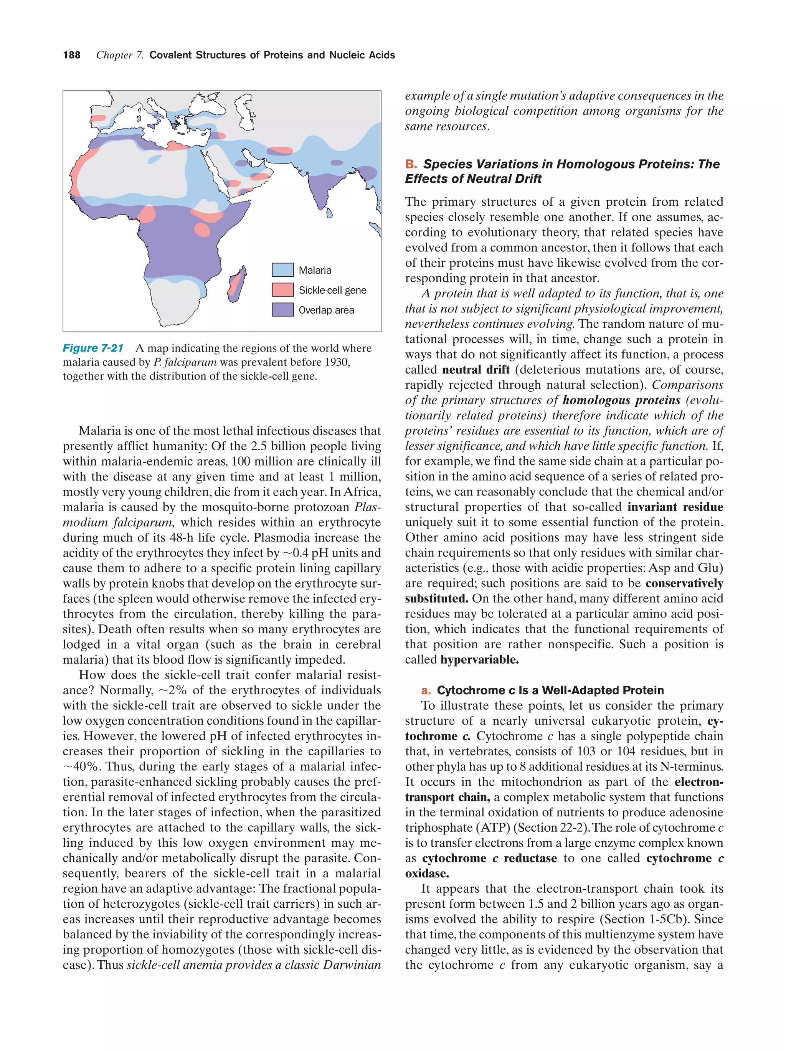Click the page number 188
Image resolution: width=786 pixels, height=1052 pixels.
pyautogui.click(x=71, y=55)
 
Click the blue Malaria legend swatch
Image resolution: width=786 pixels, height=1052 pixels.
pyautogui.click(x=282, y=270)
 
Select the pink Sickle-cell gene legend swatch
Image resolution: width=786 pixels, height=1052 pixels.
pyautogui.click(x=282, y=290)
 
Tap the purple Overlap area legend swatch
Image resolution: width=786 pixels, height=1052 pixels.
pyautogui.click(x=282, y=310)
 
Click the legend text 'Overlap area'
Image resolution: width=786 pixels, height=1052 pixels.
pyautogui.click(x=326, y=310)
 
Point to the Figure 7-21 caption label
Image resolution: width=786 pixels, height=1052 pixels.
pyautogui.click(x=93, y=348)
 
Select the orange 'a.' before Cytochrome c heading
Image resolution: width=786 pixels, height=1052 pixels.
pyautogui.click(x=426, y=690)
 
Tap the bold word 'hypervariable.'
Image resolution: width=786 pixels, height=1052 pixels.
pyautogui.click(x=479, y=660)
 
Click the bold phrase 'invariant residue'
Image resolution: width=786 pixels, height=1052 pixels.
pyautogui.click(x=675, y=507)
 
